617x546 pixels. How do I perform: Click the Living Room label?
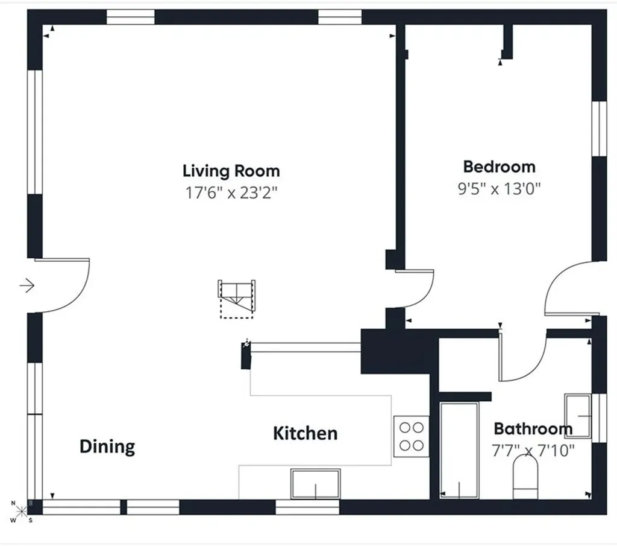231,171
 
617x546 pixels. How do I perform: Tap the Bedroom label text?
500,167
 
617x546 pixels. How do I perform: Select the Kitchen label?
305,433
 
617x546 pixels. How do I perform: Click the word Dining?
107,446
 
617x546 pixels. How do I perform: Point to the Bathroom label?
533,428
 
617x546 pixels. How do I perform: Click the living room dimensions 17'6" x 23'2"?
231,192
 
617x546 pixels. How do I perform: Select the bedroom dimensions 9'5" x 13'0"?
500,189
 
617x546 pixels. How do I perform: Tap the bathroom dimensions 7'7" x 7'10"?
533,450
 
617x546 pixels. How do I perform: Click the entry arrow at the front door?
27,285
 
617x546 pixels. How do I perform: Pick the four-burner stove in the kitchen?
412,436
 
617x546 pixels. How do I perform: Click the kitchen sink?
316,484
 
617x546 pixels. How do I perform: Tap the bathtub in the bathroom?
459,450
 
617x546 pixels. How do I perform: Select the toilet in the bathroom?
525,477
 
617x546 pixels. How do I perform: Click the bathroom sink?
578,416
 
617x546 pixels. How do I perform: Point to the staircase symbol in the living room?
236,299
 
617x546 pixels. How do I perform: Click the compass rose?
21,512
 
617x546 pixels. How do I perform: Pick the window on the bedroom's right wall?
600,129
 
